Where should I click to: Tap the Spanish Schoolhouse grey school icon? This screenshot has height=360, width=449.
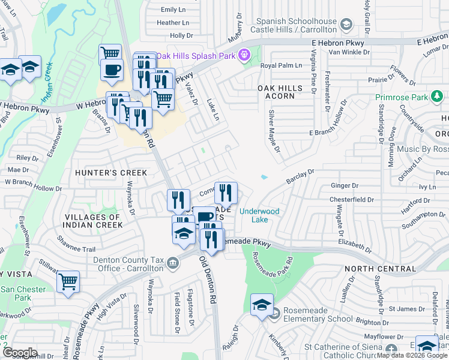[345, 25]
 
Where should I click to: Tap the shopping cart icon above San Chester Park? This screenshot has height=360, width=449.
[68, 281]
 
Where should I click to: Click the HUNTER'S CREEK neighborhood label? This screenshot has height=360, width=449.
[111, 173]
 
